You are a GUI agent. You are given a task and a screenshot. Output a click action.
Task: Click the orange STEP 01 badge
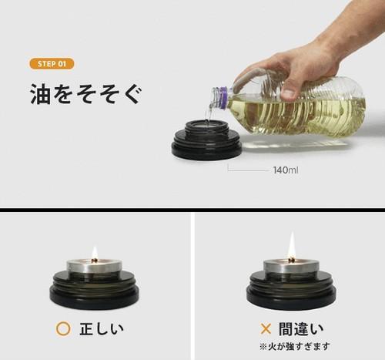52,64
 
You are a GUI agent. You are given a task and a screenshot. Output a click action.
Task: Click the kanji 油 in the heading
40,93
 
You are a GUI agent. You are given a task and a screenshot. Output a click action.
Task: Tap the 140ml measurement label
286,170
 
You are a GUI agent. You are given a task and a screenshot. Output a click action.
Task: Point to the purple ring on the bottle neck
223,98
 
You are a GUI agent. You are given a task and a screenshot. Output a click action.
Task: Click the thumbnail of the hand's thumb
289,94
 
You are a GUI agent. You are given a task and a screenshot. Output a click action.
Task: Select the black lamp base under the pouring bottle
206,140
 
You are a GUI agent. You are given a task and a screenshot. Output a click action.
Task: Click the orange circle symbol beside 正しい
63,328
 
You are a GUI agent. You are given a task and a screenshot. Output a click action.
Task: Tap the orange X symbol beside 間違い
266,328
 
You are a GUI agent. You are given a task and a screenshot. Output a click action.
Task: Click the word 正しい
102,329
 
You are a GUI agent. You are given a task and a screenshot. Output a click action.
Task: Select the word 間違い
301,329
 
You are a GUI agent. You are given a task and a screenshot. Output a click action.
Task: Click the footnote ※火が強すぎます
294,346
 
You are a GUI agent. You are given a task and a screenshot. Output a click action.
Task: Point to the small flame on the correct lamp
95,253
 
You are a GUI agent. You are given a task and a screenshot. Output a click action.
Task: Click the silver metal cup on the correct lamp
95,266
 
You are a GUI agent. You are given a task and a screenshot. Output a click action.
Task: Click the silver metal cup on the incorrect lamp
291,266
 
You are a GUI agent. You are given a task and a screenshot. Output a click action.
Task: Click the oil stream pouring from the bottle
209,113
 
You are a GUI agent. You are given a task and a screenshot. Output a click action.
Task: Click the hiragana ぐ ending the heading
132,94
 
